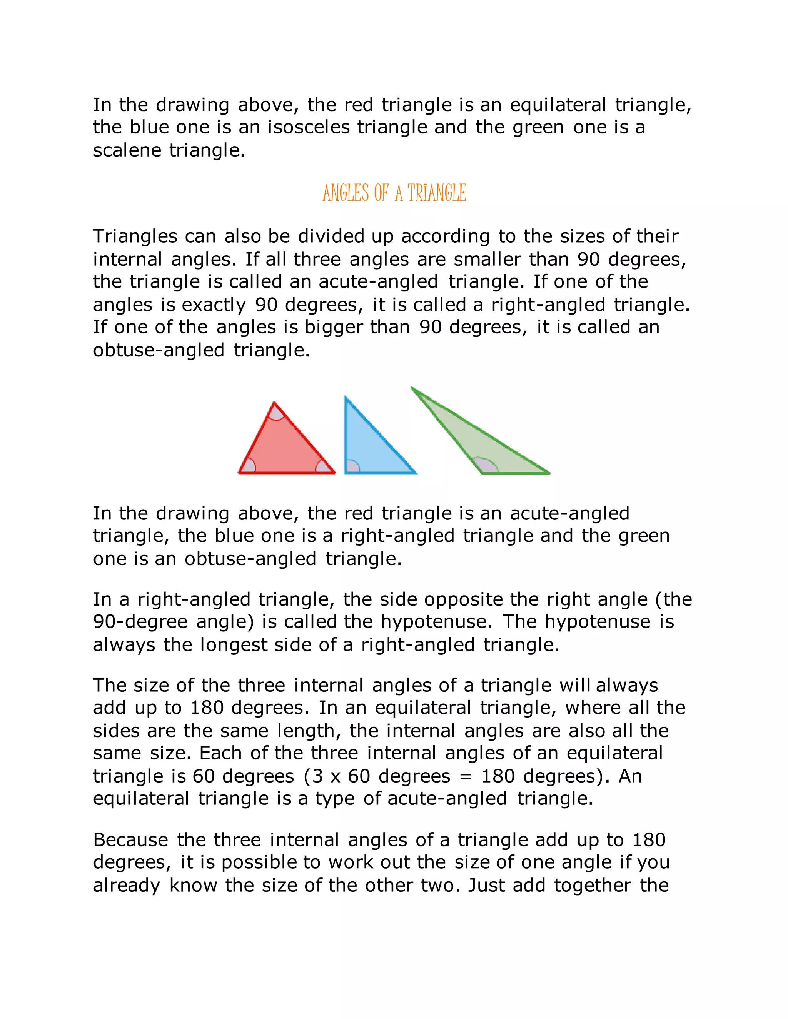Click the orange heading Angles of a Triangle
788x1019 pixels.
394,193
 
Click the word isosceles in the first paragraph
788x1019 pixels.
308,127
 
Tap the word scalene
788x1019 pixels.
127,150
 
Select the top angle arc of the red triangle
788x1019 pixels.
276,413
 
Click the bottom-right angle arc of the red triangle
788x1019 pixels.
323,466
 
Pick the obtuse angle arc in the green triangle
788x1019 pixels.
486,465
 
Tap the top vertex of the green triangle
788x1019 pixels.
412,388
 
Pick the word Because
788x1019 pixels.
130,840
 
